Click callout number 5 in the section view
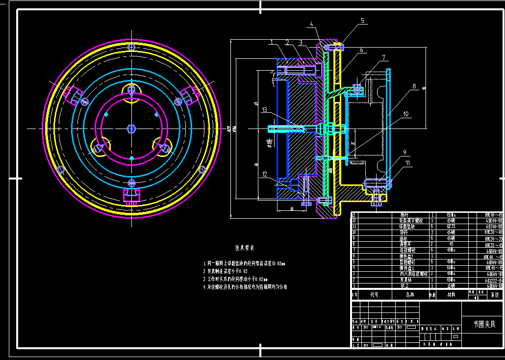(363, 21)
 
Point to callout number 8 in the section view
(414, 86)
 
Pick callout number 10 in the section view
(405, 114)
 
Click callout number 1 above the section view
(270, 42)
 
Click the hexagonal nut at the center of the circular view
(131, 129)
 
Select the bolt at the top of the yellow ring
(131, 47)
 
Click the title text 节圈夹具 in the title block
(484, 324)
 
